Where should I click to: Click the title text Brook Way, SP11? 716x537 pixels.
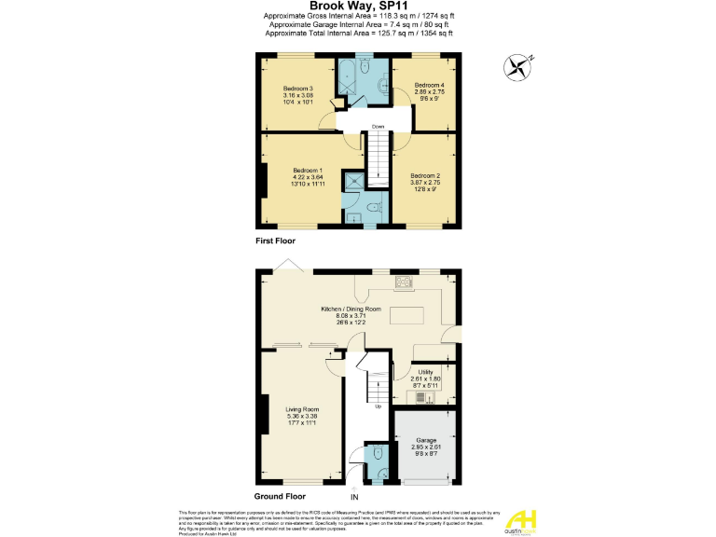tap(357, 7)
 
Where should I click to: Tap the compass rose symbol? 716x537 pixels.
tap(516, 66)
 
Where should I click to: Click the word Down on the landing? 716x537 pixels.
tap(378, 127)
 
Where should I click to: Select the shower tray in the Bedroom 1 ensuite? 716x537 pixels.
tap(354, 182)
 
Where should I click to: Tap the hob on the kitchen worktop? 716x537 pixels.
tap(405, 282)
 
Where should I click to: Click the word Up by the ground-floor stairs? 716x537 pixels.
tap(377, 406)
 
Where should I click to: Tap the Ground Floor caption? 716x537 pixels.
tap(280, 497)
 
